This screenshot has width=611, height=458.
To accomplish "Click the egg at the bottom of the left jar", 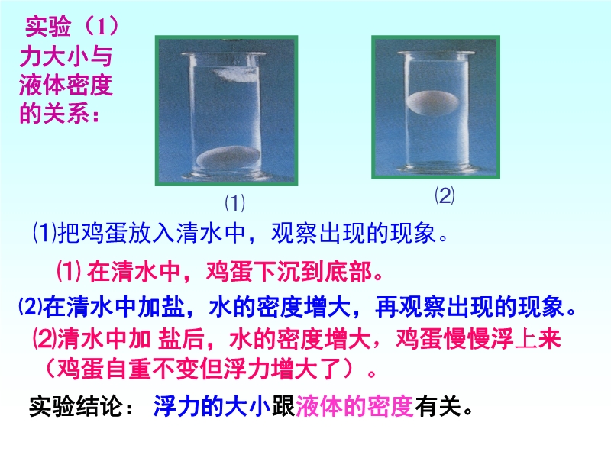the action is (228, 157).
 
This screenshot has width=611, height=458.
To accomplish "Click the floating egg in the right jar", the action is (432, 103).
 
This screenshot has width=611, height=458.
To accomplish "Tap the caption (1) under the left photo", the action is (235, 202).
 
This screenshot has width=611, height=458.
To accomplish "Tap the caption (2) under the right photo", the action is (445, 195).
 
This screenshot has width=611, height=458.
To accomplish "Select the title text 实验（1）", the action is (72, 27).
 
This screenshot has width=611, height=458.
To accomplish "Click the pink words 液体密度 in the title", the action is (66, 85).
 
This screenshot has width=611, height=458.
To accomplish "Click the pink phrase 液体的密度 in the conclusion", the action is (354, 406).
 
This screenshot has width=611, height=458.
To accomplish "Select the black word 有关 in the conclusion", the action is (438, 406).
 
